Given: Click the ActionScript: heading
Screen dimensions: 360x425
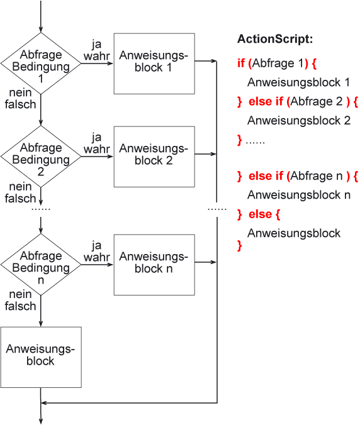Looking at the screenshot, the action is (x=275, y=39).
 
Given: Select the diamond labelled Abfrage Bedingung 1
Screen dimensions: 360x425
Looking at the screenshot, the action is (x=41, y=63).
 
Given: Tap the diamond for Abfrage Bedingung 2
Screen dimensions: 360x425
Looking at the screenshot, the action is (x=41, y=157).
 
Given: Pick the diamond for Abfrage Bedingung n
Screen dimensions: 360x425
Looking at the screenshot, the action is (x=41, y=265).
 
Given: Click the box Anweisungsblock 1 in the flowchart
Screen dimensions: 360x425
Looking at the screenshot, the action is (x=154, y=63).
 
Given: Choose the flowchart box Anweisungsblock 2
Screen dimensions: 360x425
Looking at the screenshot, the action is (x=154, y=157).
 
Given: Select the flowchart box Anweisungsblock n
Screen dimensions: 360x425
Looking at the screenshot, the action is (x=154, y=265).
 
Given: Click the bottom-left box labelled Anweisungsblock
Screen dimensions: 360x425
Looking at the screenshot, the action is (x=41, y=357).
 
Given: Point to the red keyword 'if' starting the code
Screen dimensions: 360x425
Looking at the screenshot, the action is (x=240, y=63).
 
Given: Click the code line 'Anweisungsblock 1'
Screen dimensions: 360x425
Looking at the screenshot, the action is (x=298, y=82).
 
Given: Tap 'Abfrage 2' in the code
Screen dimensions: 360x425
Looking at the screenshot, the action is (x=317, y=101).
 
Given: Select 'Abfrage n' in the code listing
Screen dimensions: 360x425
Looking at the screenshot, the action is (x=317, y=176).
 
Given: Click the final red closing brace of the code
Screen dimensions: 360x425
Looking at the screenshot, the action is (x=239, y=246).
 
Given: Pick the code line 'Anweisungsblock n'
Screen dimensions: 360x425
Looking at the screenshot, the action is (x=299, y=195).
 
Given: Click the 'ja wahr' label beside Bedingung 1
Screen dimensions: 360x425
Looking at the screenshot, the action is (x=96, y=50).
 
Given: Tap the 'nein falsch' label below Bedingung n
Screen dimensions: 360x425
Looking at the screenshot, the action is (x=20, y=300).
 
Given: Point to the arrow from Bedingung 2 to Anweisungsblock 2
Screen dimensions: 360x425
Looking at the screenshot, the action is (x=97, y=157).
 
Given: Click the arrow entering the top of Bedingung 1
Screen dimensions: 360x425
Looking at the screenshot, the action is (x=41, y=16).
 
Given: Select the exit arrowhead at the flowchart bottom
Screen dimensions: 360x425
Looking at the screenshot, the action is (x=41, y=421).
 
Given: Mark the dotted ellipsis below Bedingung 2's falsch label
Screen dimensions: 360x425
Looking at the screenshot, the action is (x=41, y=209).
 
